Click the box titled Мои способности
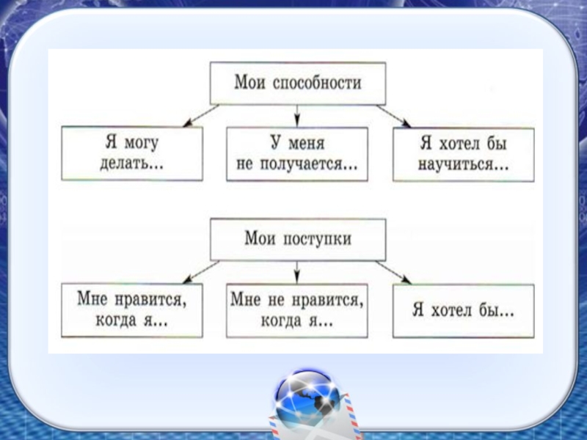point(297,82)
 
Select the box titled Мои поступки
point(297,239)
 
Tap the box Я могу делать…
point(132,153)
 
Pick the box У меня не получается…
point(297,153)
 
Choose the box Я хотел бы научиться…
point(462,153)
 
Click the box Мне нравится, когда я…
point(132,310)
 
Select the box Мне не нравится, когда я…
point(297,310)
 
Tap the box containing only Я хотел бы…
point(462,310)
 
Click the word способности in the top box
point(317,83)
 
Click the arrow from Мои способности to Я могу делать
point(200,115)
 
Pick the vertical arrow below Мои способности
point(297,114)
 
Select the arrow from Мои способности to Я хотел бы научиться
point(393,115)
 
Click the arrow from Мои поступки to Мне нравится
point(200,272)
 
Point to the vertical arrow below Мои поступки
point(297,271)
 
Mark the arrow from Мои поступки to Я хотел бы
point(393,272)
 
